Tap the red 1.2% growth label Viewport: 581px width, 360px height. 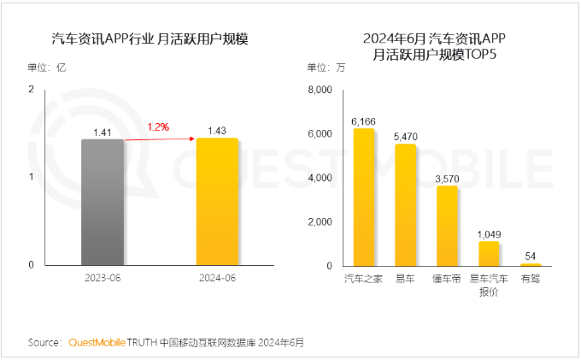158,127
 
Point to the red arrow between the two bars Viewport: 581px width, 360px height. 160,139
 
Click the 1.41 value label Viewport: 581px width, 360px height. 103,132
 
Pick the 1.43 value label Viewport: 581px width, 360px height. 217,130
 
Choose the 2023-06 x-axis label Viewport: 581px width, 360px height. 103,279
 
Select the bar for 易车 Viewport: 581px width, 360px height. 405,204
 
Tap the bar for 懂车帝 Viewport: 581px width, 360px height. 447,226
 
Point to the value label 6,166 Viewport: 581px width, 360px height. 364,121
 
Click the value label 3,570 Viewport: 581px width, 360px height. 447,178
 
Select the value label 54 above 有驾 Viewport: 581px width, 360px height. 530,257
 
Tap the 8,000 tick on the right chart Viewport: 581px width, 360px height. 318,90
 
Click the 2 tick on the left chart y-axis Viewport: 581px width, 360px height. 31,89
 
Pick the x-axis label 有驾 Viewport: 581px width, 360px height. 530,279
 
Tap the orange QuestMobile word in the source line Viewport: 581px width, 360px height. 97,342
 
